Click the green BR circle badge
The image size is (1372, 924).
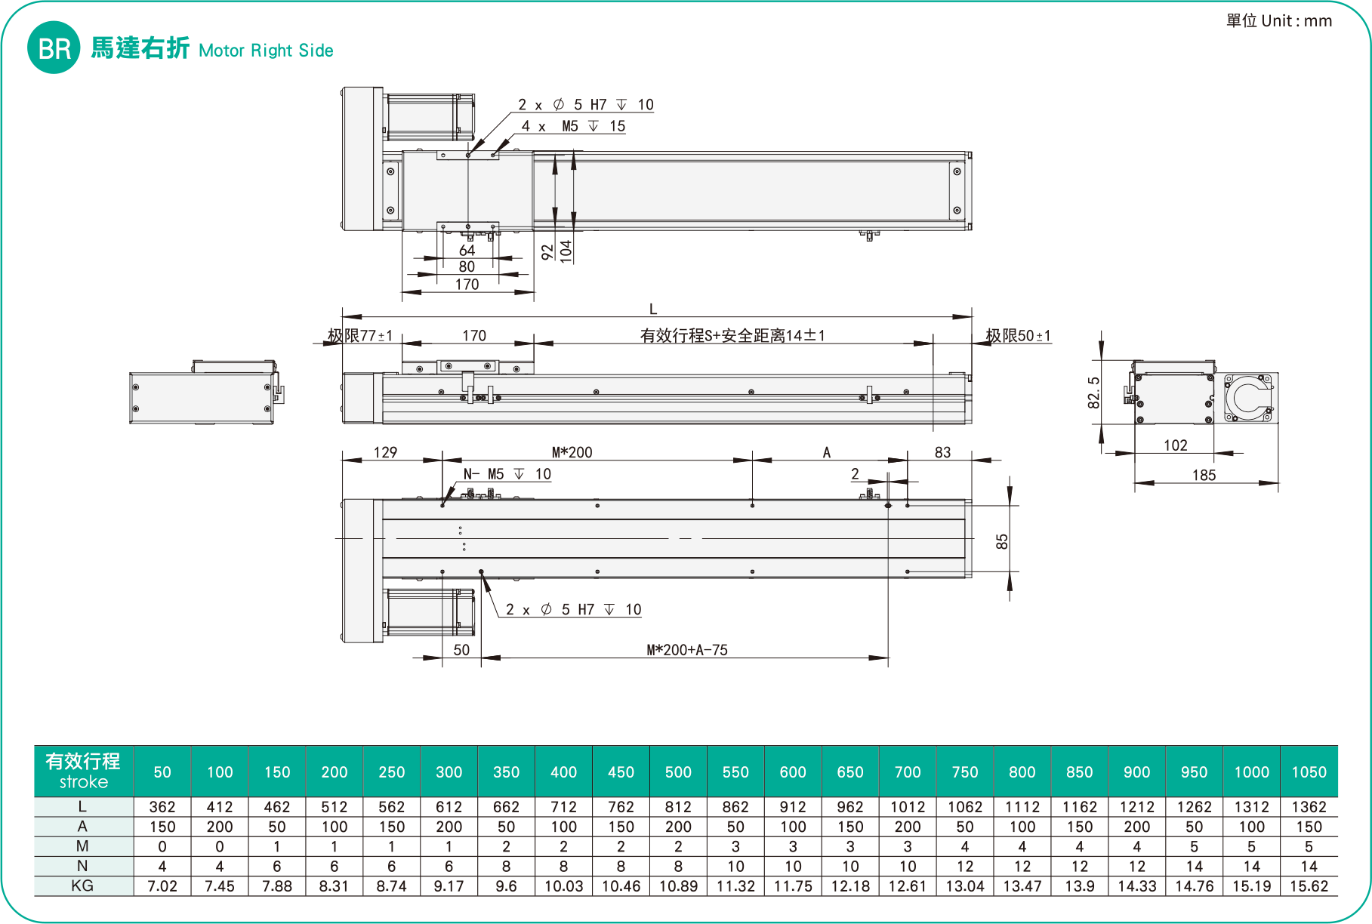pos(54,48)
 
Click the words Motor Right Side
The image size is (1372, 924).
pos(266,51)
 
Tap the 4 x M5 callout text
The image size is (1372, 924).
pos(574,126)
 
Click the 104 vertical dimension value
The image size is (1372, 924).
pos(566,251)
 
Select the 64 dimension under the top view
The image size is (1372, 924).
pos(467,250)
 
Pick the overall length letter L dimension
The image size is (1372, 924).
pos(653,309)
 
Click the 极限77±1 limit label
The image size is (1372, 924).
pos(360,335)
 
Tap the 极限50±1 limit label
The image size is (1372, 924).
pos(1018,335)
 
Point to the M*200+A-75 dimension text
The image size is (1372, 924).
pos(687,650)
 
